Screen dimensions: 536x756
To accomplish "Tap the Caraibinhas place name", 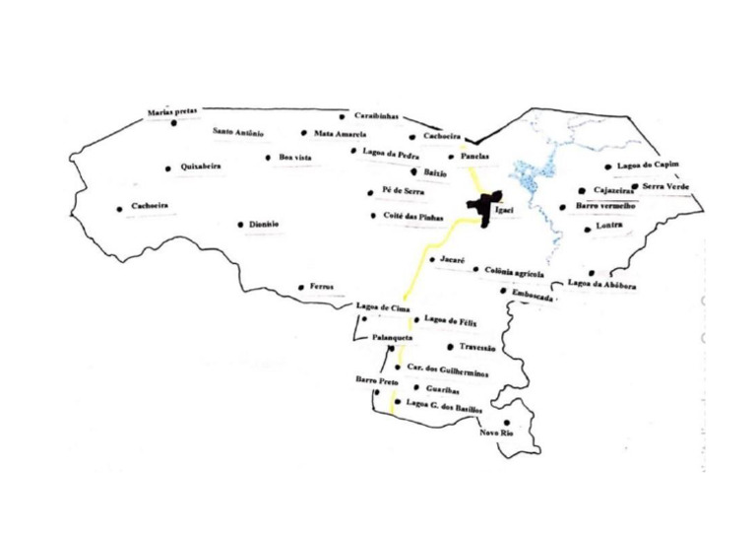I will [x=375, y=116].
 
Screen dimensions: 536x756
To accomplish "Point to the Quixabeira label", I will [x=201, y=167].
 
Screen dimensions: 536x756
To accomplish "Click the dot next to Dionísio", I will [x=240, y=225].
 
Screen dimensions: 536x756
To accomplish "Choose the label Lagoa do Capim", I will [x=647, y=166].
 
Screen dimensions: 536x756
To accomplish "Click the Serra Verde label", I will [x=665, y=186].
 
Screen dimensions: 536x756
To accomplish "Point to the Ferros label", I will [x=322, y=287].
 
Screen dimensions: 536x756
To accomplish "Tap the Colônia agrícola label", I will [x=515, y=270].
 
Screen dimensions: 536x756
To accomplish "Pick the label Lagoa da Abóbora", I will [x=601, y=285].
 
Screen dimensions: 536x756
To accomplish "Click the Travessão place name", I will [x=476, y=347].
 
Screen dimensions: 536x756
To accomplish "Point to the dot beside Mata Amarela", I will [x=304, y=133].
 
